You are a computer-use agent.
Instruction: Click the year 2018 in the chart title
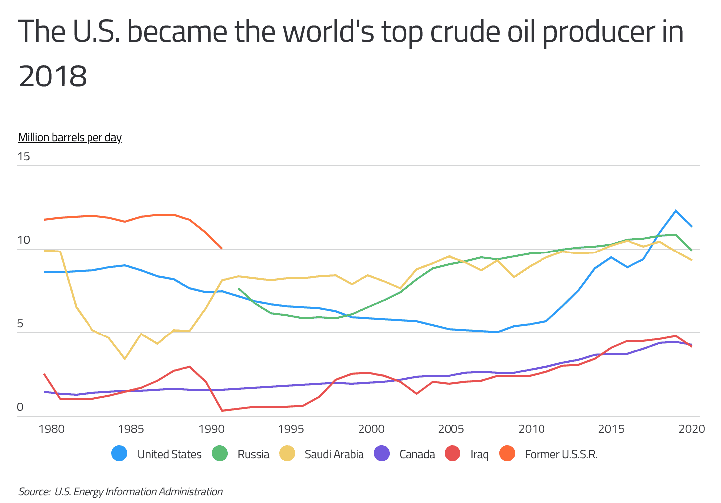53,77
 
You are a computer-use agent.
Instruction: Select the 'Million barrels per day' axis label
70,137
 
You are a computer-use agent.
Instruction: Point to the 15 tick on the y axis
24,156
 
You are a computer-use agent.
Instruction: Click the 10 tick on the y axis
24,240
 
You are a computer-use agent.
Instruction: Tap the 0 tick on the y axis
20,407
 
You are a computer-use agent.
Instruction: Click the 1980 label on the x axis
51,429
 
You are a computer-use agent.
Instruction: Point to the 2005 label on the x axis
451,429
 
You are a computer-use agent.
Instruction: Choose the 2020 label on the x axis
691,429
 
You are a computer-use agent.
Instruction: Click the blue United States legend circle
119,454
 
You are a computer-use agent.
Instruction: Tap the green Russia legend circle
219,454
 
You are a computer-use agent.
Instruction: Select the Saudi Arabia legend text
334,454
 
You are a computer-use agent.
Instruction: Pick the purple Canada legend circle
381,454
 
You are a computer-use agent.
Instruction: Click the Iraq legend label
479,454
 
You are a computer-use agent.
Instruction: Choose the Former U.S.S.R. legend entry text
560,454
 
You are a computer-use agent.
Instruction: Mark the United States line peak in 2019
676,211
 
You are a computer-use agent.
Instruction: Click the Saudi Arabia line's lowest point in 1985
125,358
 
